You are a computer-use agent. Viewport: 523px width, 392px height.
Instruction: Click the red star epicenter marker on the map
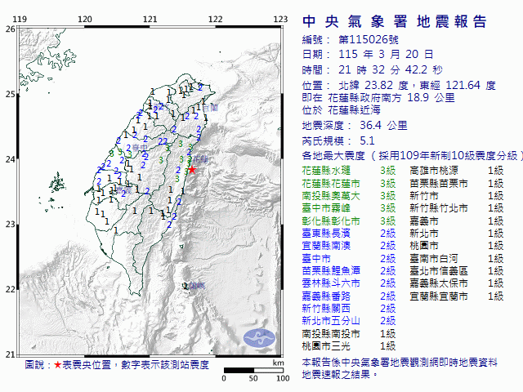point(192,170)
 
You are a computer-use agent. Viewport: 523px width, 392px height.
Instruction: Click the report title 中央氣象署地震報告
point(394,21)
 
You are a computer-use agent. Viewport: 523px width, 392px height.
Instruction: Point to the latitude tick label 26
point(9,29)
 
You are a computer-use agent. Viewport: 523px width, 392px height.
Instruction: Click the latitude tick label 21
point(9,354)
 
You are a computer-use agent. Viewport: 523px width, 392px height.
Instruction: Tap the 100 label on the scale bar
point(283,378)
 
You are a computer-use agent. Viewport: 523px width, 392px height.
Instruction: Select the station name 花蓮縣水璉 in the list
point(329,170)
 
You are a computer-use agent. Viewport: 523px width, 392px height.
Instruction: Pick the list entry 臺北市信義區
point(437,270)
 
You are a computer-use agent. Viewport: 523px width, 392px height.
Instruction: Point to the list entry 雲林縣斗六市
point(332,283)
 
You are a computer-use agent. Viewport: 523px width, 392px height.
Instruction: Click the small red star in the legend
point(57,365)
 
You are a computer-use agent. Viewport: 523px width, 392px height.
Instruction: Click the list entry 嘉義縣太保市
point(437,283)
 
